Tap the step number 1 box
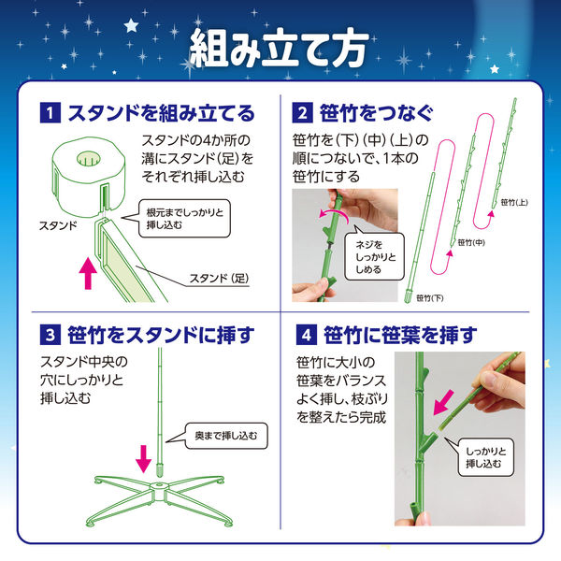[x=47, y=115]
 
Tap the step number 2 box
[x=302, y=115]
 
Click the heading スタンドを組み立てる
[x=158, y=115]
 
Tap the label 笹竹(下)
[x=431, y=297]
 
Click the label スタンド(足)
[x=221, y=278]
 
